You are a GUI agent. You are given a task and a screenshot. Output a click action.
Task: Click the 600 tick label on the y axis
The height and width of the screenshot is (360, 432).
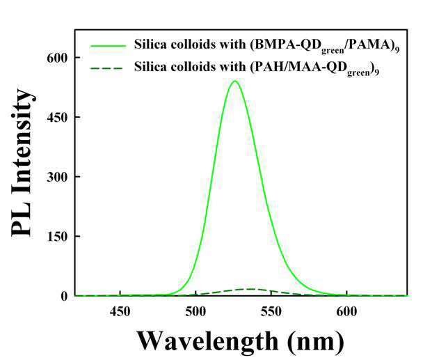pyautogui.click(x=57, y=58)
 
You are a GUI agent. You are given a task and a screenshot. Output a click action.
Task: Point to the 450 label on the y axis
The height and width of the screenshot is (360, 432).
pyautogui.click(x=57, y=118)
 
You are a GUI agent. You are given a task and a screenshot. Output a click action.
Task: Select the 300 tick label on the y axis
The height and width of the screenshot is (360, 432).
pyautogui.click(x=57, y=177)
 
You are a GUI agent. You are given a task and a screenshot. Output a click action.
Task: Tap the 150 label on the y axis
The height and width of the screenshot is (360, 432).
pyautogui.click(x=57, y=237)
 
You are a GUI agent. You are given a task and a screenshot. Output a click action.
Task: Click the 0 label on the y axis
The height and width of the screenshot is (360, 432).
pyautogui.click(x=64, y=296)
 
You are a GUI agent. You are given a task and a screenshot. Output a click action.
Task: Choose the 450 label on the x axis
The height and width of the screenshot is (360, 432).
pyautogui.click(x=120, y=312)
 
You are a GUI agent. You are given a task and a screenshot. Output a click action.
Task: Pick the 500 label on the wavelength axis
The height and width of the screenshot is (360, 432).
pyautogui.click(x=195, y=312)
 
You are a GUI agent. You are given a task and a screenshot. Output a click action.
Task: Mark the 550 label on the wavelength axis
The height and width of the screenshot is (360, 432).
pyautogui.click(x=271, y=312)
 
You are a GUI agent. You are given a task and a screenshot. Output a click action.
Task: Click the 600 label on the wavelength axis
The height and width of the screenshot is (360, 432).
pyautogui.click(x=347, y=312)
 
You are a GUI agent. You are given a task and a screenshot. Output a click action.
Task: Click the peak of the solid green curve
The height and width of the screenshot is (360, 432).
pyautogui.click(x=234, y=81)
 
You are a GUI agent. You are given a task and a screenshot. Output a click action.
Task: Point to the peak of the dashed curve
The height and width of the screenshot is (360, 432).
pyautogui.click(x=250, y=289)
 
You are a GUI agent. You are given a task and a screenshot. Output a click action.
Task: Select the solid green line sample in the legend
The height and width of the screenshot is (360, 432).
pyautogui.click(x=108, y=46)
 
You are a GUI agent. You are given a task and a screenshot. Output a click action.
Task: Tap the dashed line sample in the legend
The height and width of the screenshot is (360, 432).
pyautogui.click(x=106, y=68)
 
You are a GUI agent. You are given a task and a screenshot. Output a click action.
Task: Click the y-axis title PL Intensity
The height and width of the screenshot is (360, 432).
pyautogui.click(x=23, y=163)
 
